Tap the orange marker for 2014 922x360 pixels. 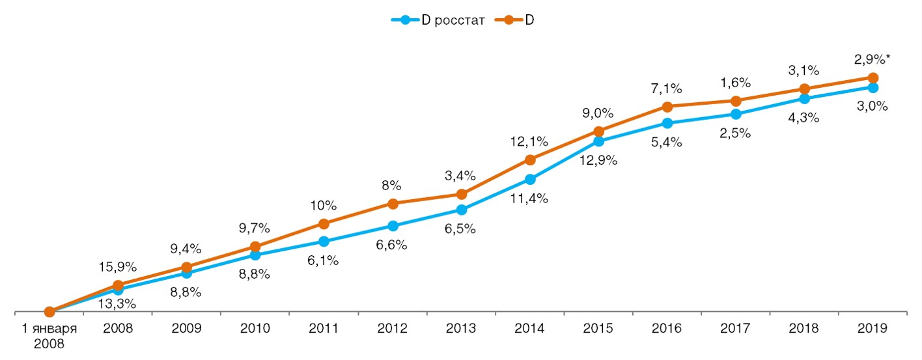[x=530, y=159]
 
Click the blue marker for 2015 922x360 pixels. [x=598, y=141]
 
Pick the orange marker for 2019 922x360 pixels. [x=873, y=78]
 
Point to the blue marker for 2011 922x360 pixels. [x=324, y=242]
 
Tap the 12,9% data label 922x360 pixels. [x=598, y=159]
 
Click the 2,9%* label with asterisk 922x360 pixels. [x=873, y=60]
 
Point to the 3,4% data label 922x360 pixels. [x=461, y=176]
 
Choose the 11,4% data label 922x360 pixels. [x=530, y=199]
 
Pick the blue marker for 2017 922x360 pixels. [x=736, y=114]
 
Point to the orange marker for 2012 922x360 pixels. [x=393, y=204]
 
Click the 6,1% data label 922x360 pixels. [x=324, y=260]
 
